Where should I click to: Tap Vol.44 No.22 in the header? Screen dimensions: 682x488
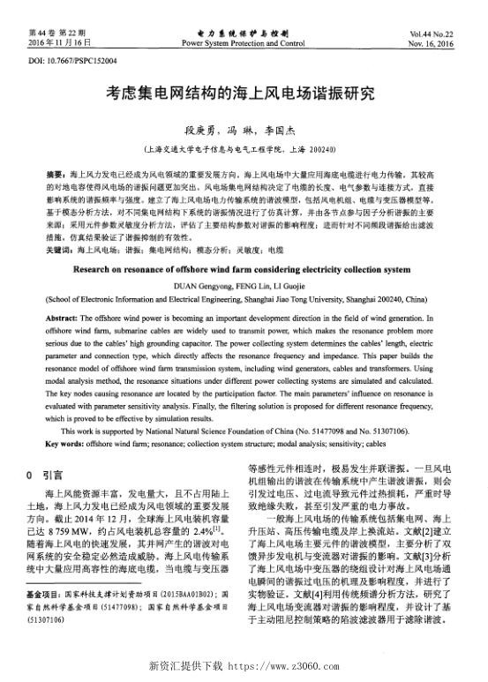coord(432,33)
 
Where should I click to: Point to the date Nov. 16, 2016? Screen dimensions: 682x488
coord(432,42)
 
